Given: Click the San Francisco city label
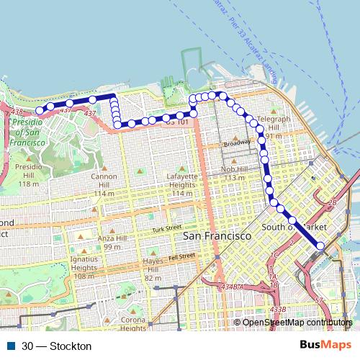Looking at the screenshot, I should [x=216, y=236].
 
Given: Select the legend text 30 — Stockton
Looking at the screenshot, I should [x=57, y=346].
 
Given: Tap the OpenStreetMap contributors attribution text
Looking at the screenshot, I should [x=297, y=323].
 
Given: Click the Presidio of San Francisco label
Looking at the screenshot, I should [x=30, y=133].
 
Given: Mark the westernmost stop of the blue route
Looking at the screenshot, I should [x=40, y=109].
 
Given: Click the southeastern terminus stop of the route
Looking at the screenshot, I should [x=320, y=245].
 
